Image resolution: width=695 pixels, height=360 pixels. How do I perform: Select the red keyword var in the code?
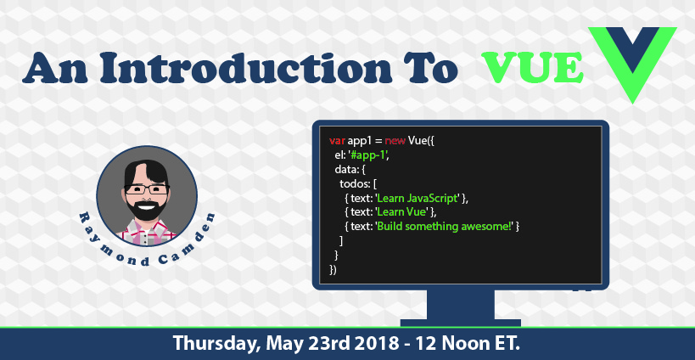click(x=337, y=141)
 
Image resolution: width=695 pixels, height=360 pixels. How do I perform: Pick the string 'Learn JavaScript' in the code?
click(x=418, y=198)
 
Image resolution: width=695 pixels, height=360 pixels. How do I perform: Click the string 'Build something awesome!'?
click(x=445, y=227)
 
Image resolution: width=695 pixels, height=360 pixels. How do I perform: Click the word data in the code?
click(x=345, y=169)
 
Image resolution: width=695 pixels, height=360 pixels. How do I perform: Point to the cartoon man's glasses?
click(x=147, y=189)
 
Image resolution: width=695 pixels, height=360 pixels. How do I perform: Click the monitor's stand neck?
click(x=461, y=305)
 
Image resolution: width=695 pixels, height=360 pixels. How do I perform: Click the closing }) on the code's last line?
click(x=333, y=269)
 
